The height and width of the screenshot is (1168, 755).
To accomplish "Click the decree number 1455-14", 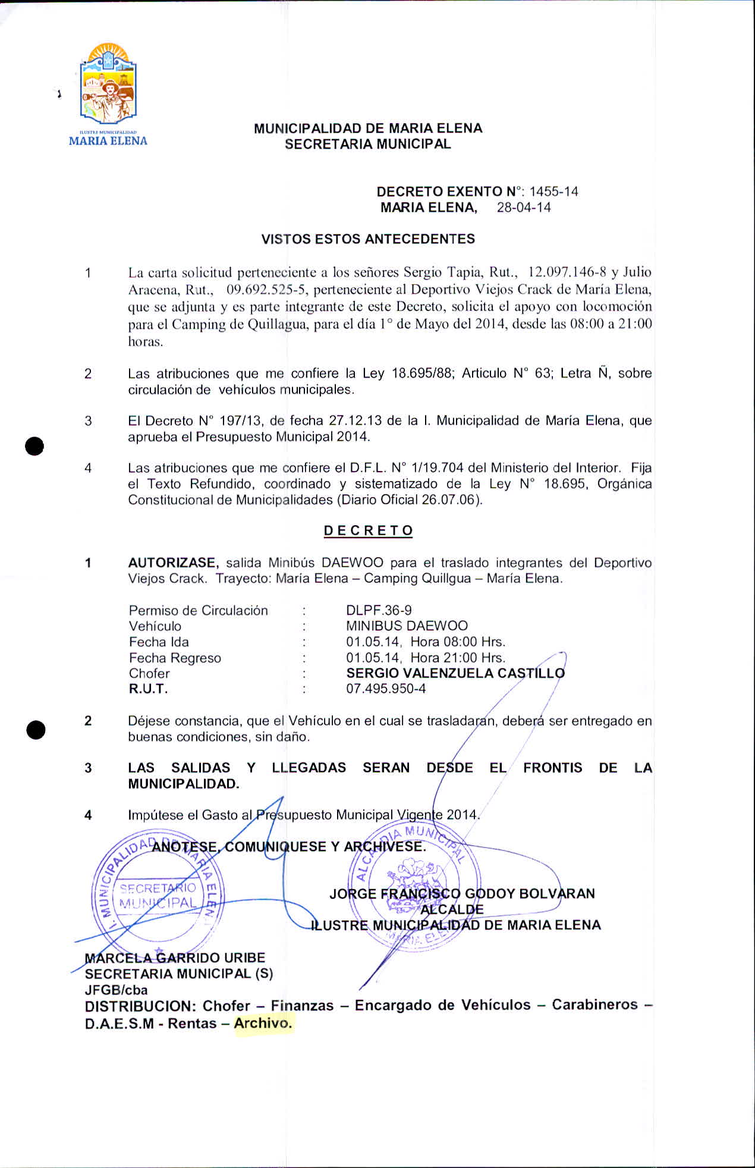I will pyautogui.click(x=553, y=191).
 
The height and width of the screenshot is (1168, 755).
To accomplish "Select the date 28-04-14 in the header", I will pyautogui.click(x=524, y=208).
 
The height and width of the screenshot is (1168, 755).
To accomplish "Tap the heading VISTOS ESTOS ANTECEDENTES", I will pyautogui.click(x=368, y=239).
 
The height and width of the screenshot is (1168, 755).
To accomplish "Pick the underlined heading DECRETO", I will pyautogui.click(x=368, y=530).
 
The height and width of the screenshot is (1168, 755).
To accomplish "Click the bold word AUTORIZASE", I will pyautogui.click(x=174, y=563).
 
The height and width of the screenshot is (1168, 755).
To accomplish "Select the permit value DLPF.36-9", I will pyautogui.click(x=379, y=610).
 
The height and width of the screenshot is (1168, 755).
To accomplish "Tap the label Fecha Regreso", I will pyautogui.click(x=175, y=658).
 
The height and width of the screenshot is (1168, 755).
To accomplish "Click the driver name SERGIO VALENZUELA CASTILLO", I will pyautogui.click(x=455, y=673).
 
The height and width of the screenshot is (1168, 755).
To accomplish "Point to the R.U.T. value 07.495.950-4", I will pyautogui.click(x=386, y=689).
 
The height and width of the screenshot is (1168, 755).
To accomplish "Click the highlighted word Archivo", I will pyautogui.click(x=263, y=1023).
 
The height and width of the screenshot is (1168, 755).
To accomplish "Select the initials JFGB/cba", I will pyautogui.click(x=116, y=990).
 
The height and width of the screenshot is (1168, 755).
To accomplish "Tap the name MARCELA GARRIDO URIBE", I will pyautogui.click(x=175, y=957).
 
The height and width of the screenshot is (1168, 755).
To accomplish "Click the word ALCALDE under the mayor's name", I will pyautogui.click(x=452, y=909).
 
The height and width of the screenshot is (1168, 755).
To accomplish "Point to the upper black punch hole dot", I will pyautogui.click(x=35, y=446).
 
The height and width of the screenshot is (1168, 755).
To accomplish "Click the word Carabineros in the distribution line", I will pyautogui.click(x=594, y=1004).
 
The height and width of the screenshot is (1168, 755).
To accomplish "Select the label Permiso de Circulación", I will pyautogui.click(x=198, y=610).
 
